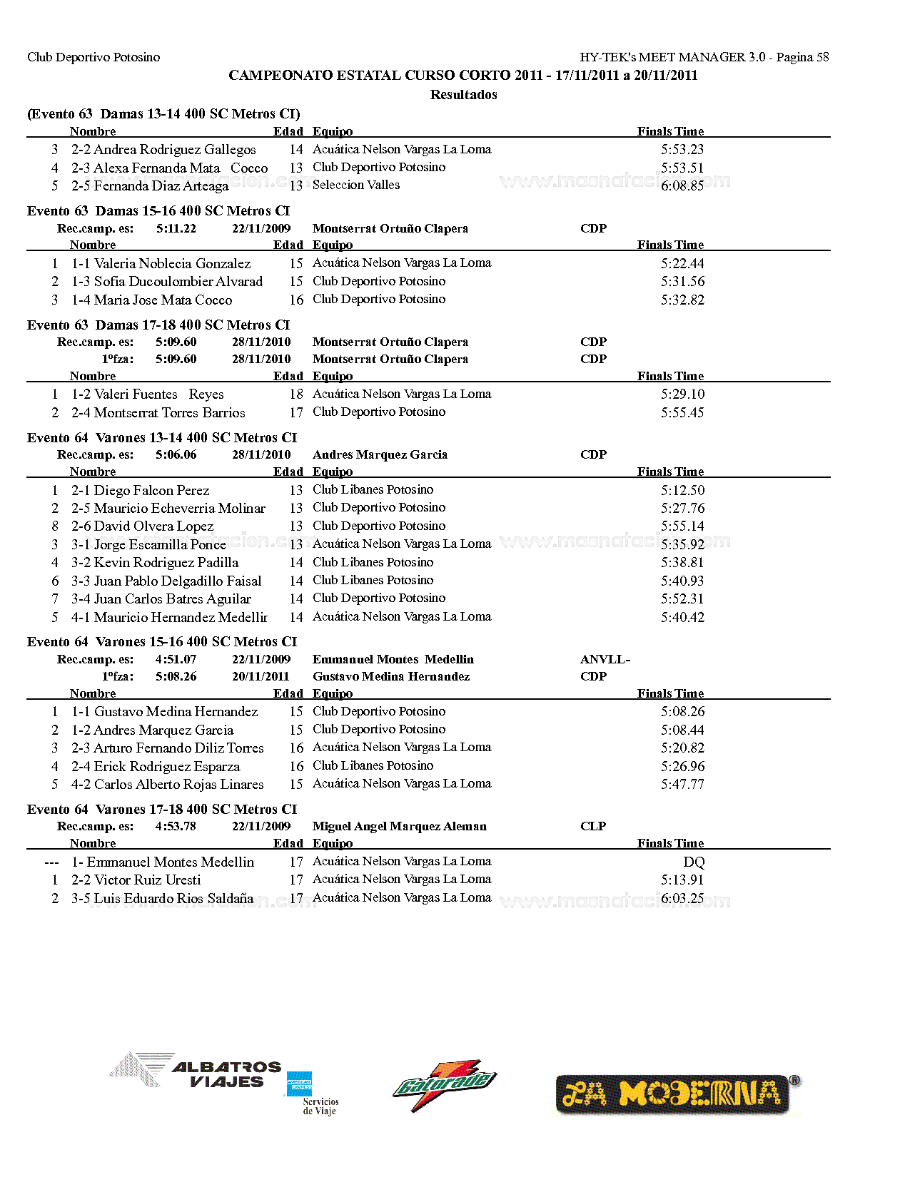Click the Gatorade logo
tap(444, 1085)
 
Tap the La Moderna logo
tap(677, 1094)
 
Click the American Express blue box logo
tap(299, 1084)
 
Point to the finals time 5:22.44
tap(682, 263)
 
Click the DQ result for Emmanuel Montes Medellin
tap(693, 862)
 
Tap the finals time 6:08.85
tap(682, 185)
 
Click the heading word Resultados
tap(463, 94)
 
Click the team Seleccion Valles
tap(355, 185)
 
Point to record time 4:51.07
tap(176, 659)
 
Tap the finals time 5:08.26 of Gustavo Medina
tap(682, 711)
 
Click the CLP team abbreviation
tap(593, 826)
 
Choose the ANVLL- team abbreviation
tap(605, 659)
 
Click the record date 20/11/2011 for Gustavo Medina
tap(261, 676)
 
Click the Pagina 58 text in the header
tap(802, 57)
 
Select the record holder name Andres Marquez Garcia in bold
tap(380, 454)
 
